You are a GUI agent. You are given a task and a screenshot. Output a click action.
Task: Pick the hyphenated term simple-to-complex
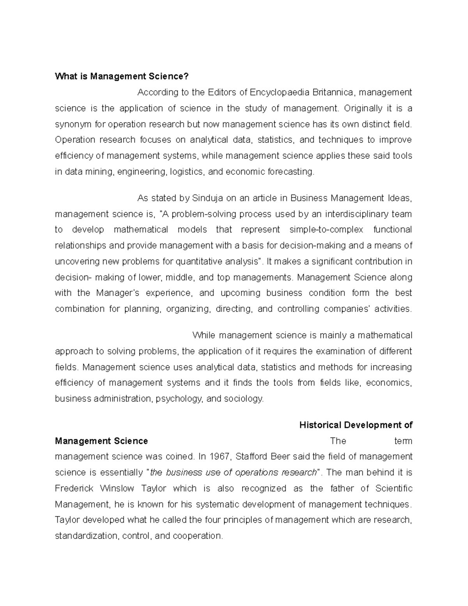click(x=326, y=230)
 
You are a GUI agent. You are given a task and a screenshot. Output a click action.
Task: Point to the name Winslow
click(x=117, y=489)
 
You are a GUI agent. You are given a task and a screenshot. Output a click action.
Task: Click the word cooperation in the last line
click(x=198, y=536)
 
